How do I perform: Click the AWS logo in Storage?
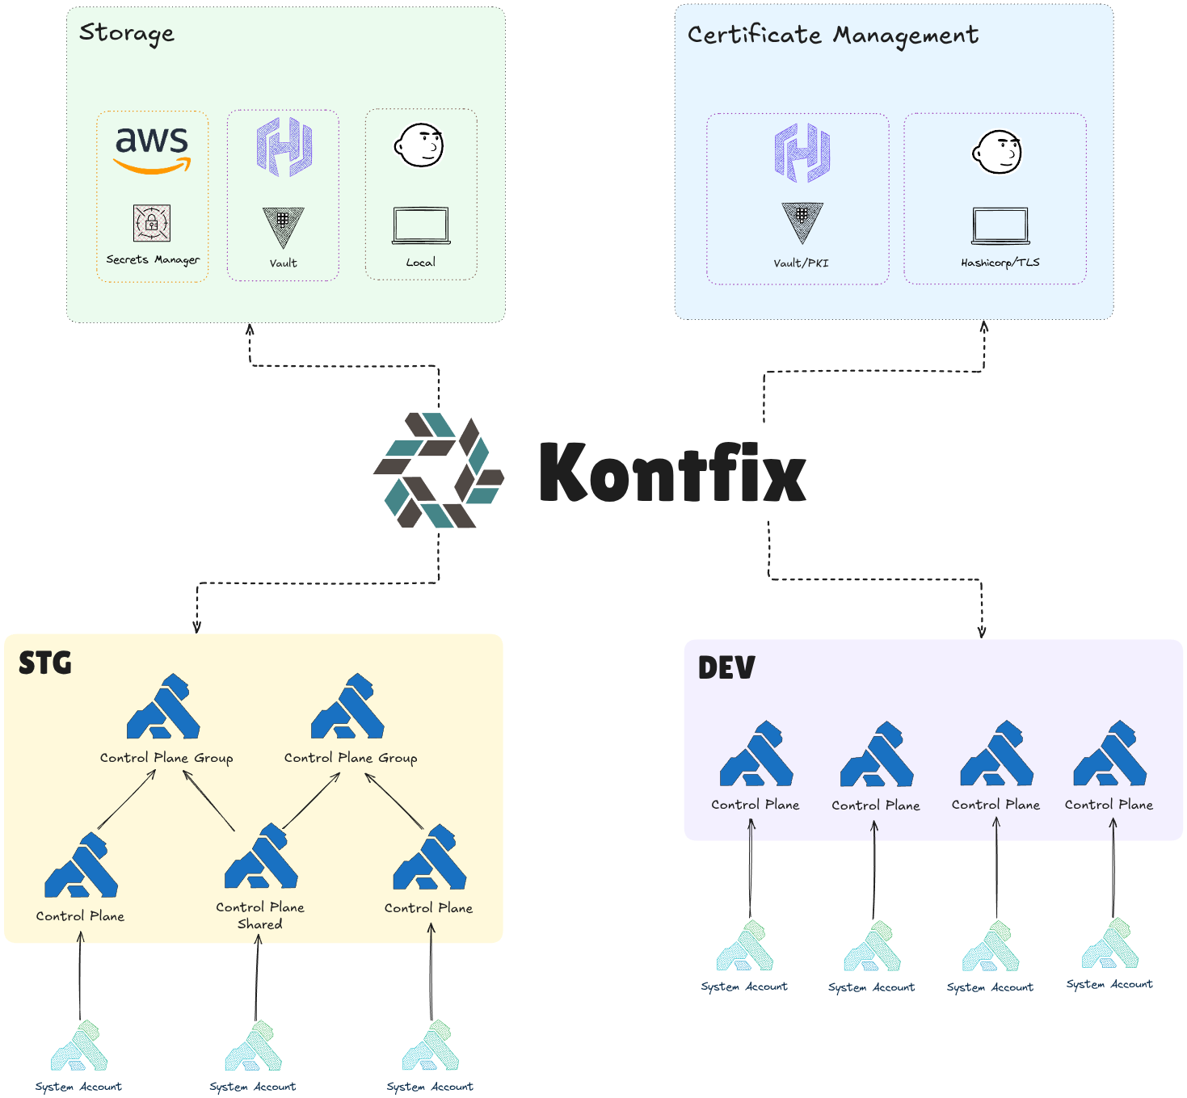coord(152,149)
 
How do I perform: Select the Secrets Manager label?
coord(153,259)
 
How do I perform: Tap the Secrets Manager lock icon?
coord(152,223)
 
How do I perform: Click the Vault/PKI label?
coord(801,263)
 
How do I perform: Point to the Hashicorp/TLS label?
coord(1000,263)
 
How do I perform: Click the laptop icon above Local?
coord(421,225)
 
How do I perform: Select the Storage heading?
coord(127,33)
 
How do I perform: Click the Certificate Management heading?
coord(832,35)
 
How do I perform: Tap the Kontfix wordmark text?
coord(672,473)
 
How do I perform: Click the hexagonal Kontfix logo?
coord(439,470)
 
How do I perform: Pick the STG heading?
coord(45,663)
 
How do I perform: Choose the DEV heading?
coord(726,668)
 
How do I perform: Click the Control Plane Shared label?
coord(260,915)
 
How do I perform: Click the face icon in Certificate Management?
coord(998,152)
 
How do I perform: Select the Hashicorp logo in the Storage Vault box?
coord(284,146)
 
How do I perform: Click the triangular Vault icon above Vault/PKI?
coord(802,221)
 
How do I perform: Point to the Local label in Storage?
coord(420,263)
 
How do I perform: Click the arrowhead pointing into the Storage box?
coord(250,329)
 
